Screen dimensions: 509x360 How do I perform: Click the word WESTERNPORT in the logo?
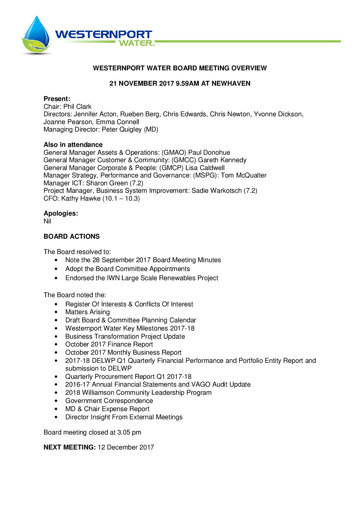click(103, 34)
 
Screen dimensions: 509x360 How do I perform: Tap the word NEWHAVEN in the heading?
click(231, 83)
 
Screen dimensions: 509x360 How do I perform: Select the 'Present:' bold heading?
click(57, 99)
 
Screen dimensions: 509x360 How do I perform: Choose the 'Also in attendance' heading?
click(73, 145)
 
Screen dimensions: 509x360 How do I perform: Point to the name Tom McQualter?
click(244, 175)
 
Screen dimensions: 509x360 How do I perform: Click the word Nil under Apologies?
click(47, 221)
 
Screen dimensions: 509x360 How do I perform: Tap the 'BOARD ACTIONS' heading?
click(72, 237)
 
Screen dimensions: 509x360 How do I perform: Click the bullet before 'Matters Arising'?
click(56, 312)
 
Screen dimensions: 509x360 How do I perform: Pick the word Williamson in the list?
click(98, 393)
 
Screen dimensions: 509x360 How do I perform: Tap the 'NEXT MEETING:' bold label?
click(69, 447)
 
